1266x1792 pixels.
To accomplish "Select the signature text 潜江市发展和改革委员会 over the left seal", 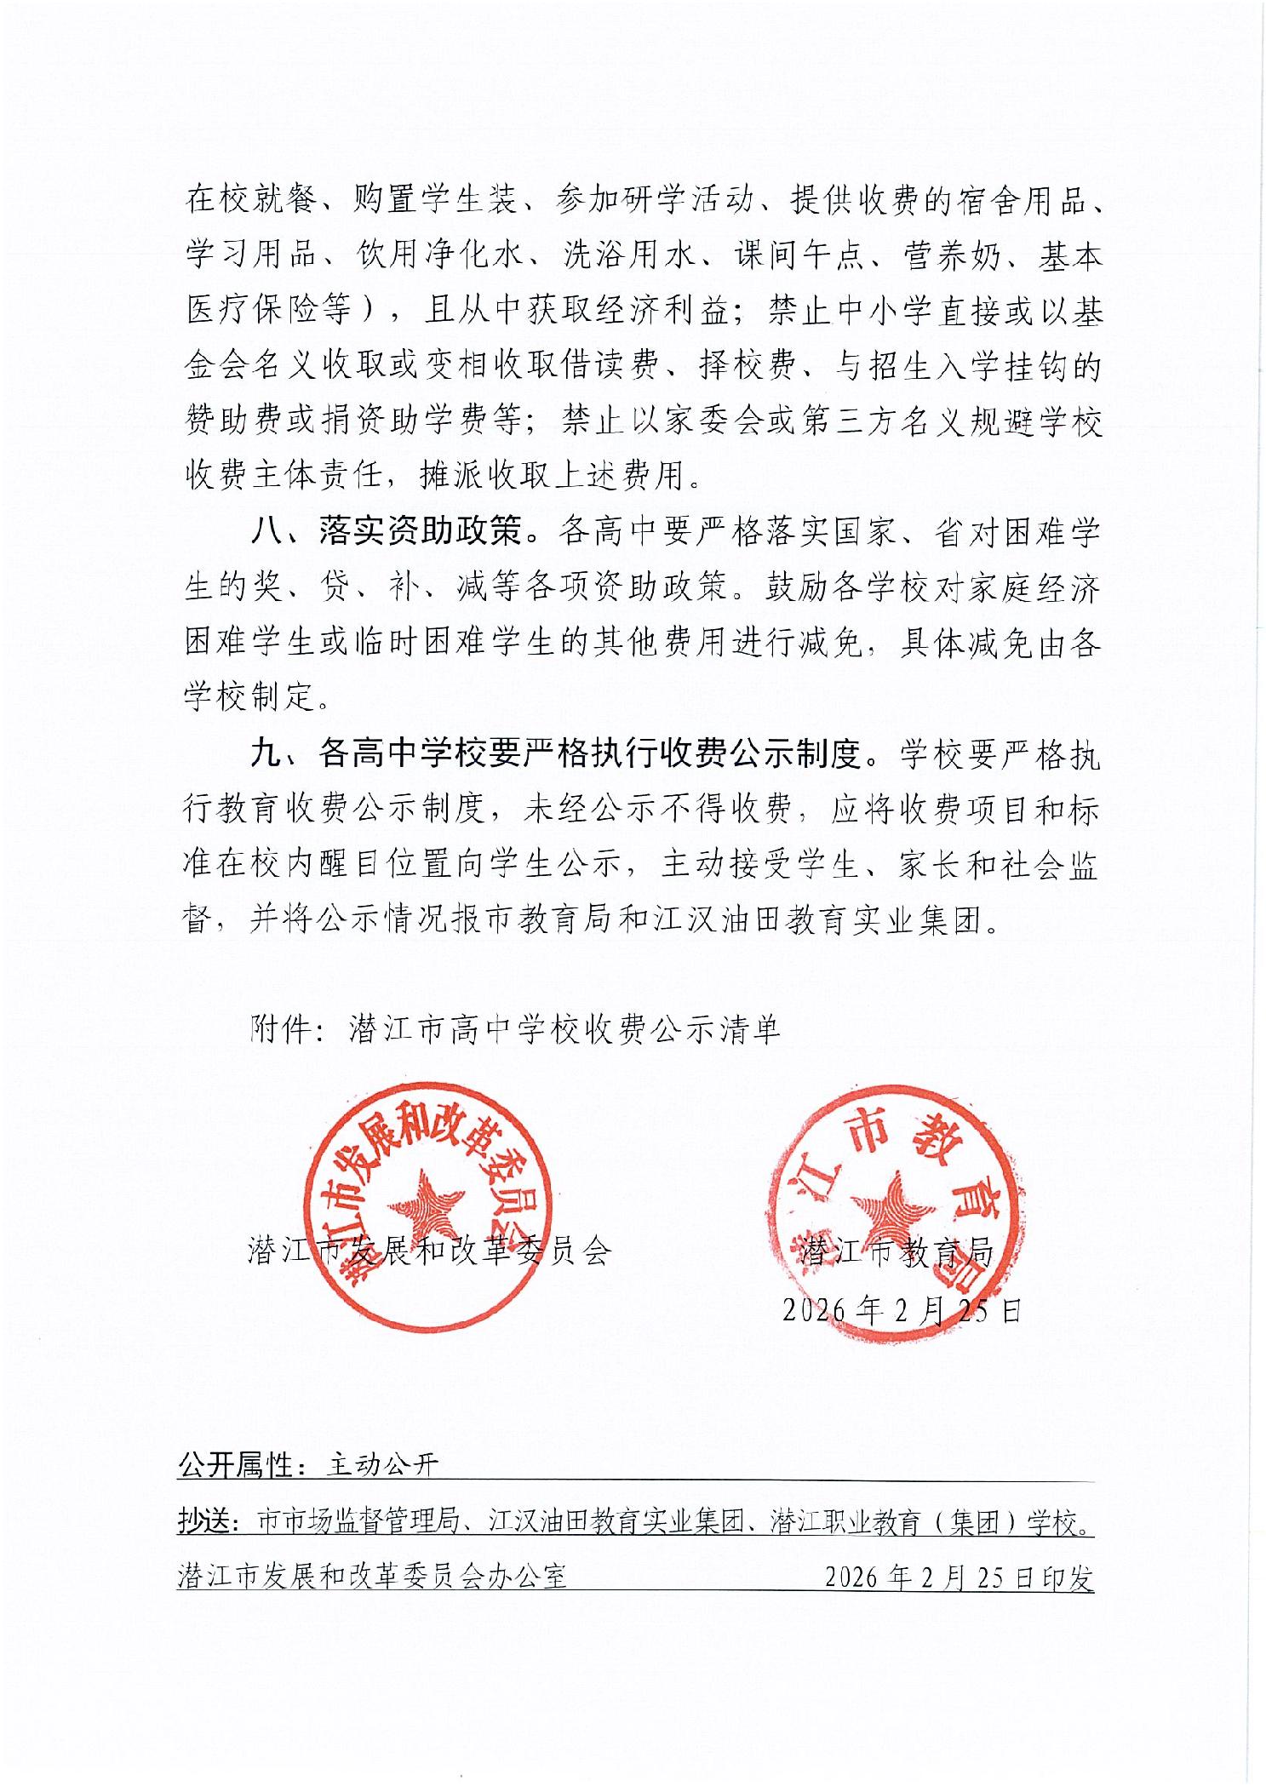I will [429, 1251].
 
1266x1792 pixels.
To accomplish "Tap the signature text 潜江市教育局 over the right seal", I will [897, 1251].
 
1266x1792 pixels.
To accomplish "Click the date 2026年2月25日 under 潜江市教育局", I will [902, 1309].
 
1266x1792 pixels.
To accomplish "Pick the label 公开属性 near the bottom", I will [236, 1464].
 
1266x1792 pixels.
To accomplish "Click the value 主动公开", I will [383, 1465].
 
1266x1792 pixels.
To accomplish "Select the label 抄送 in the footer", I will [207, 1520].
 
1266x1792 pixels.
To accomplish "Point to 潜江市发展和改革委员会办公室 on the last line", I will [372, 1577].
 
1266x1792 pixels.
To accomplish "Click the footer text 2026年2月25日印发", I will [959, 1577].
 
